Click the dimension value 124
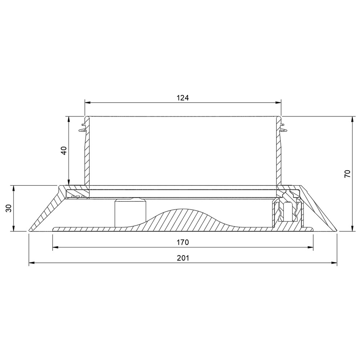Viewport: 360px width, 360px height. coord(183,98)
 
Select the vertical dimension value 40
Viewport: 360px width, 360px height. coord(64,150)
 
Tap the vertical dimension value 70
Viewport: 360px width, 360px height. coord(347,174)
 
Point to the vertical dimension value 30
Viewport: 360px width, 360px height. coord(9,208)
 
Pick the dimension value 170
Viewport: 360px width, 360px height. coord(183,242)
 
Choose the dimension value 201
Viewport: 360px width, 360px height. coord(183,258)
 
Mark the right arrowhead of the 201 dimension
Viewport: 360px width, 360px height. coord(334,263)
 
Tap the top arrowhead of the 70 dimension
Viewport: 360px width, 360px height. coord(351,119)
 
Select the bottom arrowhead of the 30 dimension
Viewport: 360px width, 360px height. coord(13,229)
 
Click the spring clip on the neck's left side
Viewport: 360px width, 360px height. coord(82,127)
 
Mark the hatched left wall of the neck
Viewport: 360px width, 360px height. coord(86,158)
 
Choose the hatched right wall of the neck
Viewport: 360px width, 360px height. coord(279,158)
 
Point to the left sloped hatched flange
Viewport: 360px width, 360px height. coord(45,212)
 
